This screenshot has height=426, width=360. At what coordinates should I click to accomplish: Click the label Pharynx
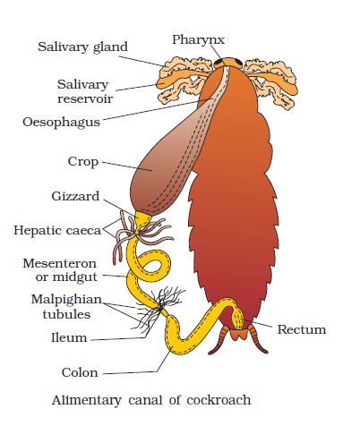pyautogui.click(x=198, y=40)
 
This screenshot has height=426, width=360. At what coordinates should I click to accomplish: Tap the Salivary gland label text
pyautogui.click(x=82, y=47)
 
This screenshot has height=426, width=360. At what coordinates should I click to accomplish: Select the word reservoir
pyautogui.click(x=85, y=98)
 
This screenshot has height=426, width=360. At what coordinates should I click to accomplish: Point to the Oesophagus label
pyautogui.click(x=61, y=123)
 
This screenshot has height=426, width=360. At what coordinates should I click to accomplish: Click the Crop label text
pyautogui.click(x=83, y=162)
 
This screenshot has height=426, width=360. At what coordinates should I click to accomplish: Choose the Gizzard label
pyautogui.click(x=75, y=196)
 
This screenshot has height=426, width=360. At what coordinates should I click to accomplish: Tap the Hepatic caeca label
pyautogui.click(x=57, y=231)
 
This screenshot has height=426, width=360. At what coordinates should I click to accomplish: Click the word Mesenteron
pyautogui.click(x=60, y=263)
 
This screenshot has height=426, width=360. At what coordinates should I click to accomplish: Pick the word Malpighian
pyautogui.click(x=66, y=300)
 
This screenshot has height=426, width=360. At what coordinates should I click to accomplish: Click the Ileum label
pyautogui.click(x=69, y=337)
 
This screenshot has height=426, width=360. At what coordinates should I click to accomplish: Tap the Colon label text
pyautogui.click(x=80, y=372)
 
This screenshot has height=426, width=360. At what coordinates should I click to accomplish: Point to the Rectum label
pyautogui.click(x=302, y=329)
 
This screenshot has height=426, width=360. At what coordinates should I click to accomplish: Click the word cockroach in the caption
pyautogui.click(x=219, y=400)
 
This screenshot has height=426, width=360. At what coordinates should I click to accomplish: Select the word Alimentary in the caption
pyautogui.click(x=87, y=401)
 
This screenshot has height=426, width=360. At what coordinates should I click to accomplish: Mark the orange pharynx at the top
pyautogui.click(x=228, y=62)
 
